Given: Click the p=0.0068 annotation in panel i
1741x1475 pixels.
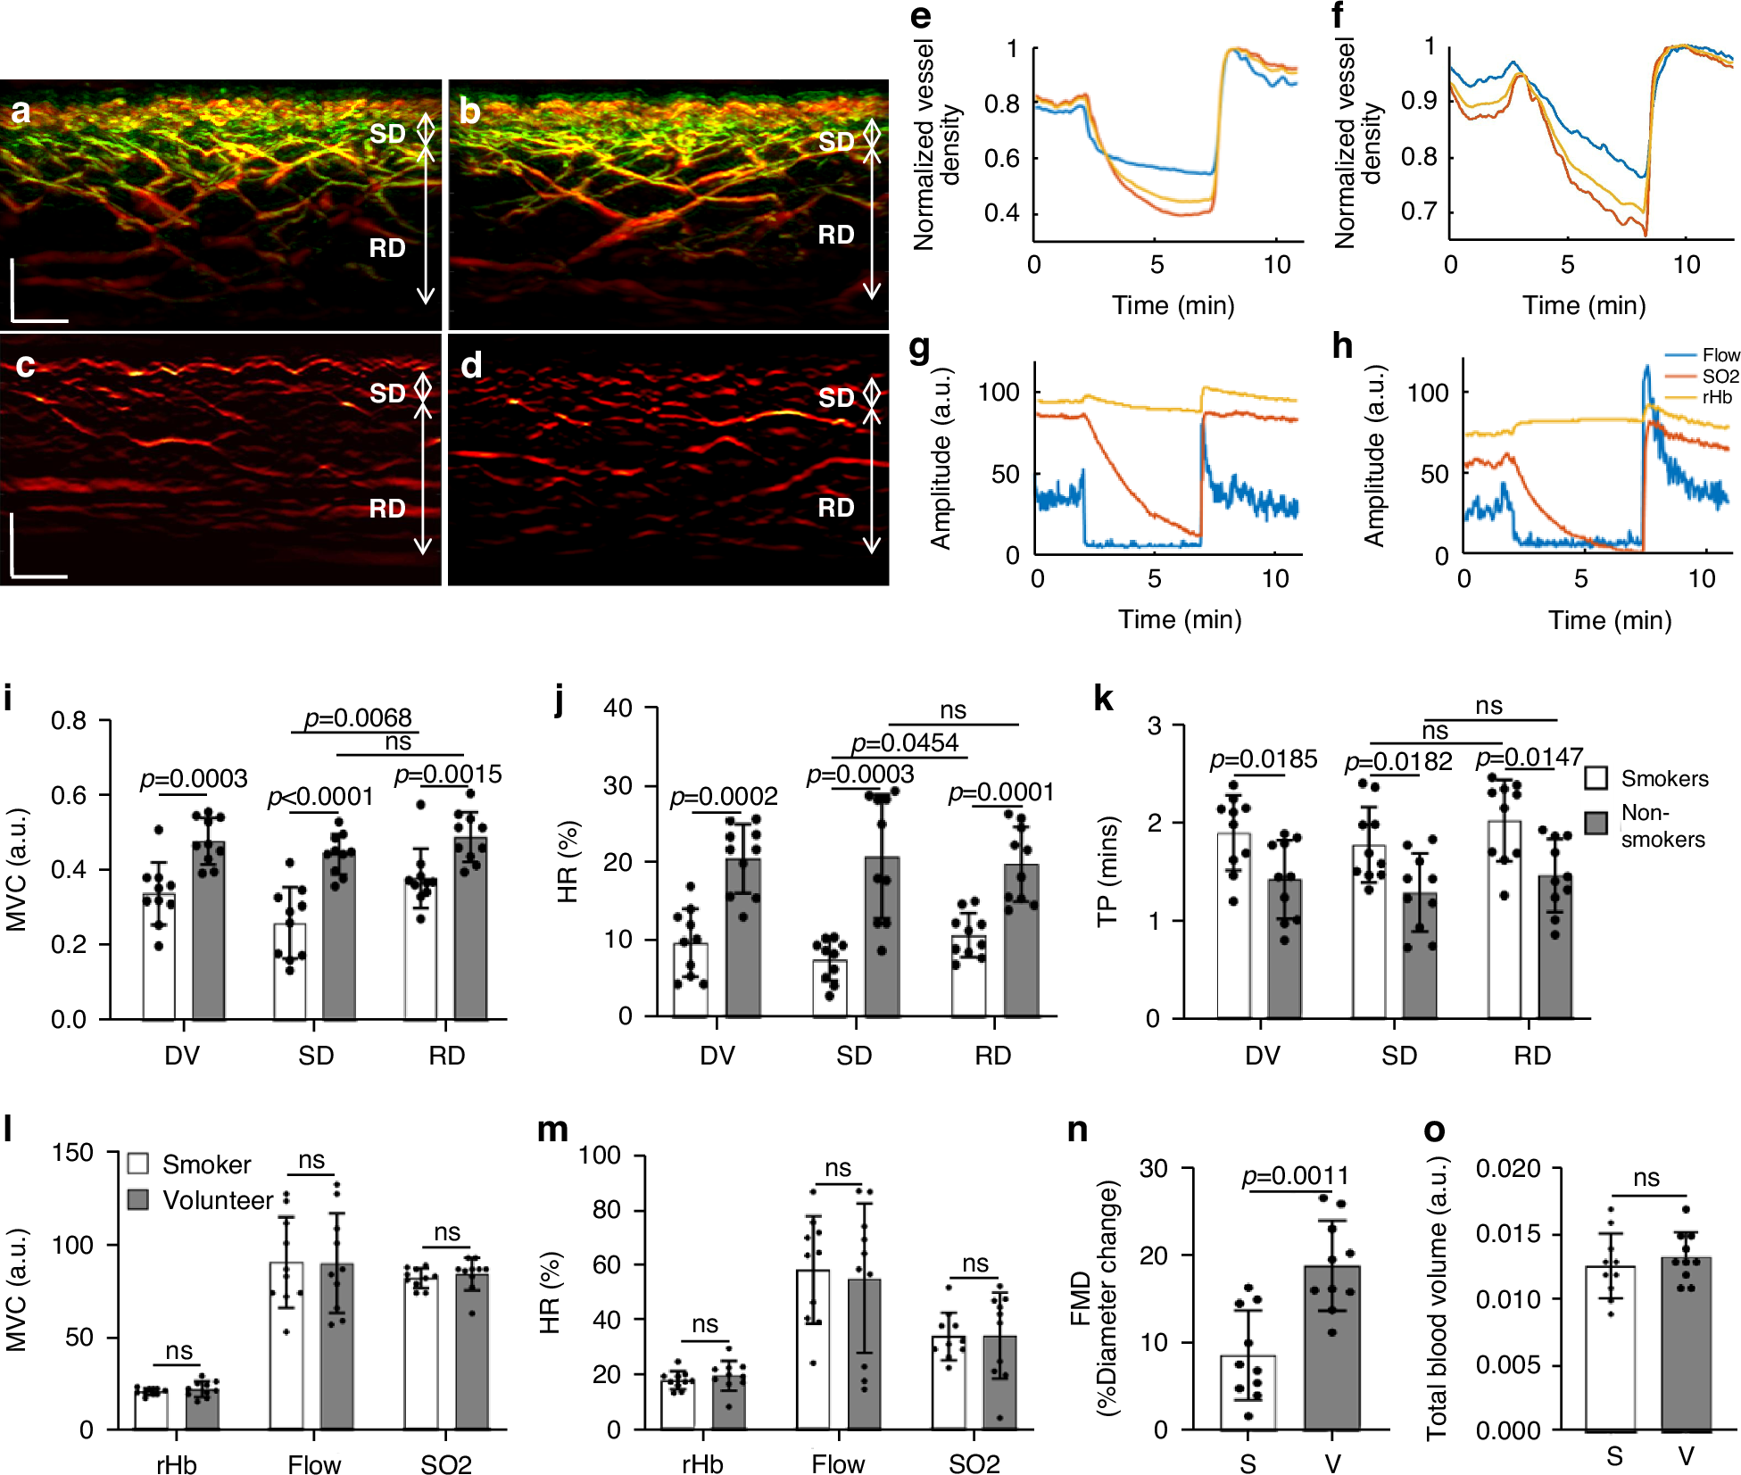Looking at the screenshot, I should point(357,717).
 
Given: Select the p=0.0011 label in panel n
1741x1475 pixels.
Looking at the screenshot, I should point(1295,1175).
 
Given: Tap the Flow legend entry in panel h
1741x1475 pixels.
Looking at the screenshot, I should point(1720,355).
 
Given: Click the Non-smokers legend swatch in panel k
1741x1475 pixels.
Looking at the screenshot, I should point(1596,823).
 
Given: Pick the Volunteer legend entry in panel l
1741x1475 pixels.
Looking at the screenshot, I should point(217,1200).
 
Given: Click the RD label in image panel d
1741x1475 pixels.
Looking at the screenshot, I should point(836,508).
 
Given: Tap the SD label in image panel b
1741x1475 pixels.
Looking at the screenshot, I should point(836,141).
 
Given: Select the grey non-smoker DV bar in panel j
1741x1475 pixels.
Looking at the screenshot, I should point(742,937).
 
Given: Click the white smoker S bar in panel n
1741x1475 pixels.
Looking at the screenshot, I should point(1248,1392).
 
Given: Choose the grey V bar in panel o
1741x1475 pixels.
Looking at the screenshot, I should point(1686,1343).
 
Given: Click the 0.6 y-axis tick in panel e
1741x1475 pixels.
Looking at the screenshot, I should point(1001,159).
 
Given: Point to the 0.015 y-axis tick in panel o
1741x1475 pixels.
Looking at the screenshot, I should point(1507,1234).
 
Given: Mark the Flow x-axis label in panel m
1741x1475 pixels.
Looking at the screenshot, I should point(837,1464).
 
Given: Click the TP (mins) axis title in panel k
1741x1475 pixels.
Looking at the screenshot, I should point(1107,873).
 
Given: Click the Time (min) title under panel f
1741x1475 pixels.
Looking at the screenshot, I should point(1583,305).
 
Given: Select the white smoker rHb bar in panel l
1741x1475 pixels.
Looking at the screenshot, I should point(151,1410).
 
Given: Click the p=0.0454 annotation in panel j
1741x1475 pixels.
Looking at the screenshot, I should point(904,742).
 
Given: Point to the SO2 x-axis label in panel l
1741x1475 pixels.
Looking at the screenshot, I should point(445,1464).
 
